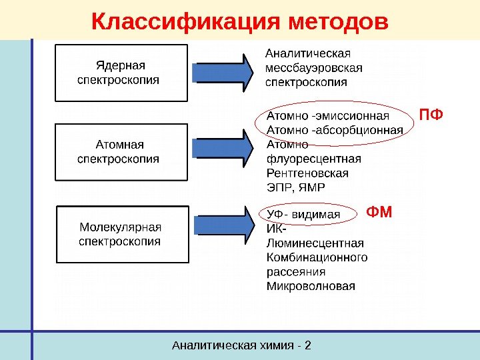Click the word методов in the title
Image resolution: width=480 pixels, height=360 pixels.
[339, 22]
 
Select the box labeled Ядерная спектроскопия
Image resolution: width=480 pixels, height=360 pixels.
[121, 73]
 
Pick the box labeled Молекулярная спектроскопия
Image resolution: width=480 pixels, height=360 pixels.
[121, 234]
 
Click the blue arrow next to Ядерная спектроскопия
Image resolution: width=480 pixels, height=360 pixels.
[223, 71]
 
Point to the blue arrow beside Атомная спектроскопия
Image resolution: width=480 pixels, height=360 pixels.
[223, 149]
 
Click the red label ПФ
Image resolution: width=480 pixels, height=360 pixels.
[430, 117]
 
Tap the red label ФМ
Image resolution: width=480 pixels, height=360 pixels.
[380, 213]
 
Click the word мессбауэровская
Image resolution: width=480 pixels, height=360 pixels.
[313, 68]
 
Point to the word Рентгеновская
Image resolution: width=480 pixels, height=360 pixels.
[307, 173]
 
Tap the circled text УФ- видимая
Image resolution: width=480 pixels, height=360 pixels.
[304, 215]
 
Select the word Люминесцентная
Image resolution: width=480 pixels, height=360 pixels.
[315, 243]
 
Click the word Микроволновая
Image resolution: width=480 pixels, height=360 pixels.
[311, 287]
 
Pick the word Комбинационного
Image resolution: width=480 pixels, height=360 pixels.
[317, 257]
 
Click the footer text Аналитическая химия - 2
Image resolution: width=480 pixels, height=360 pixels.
[242, 345]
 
